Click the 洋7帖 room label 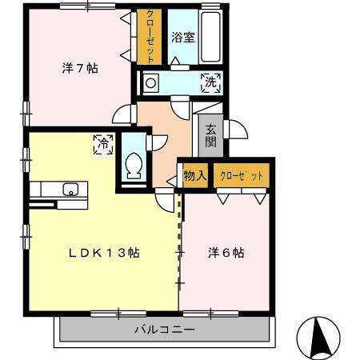(x=80, y=69)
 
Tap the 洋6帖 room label (x=226, y=253)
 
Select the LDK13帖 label (x=104, y=253)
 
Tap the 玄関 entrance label (x=210, y=135)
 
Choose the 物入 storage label (x=194, y=175)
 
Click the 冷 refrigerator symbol (x=103, y=144)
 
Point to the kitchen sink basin (x=71, y=190)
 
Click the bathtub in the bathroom (x=211, y=38)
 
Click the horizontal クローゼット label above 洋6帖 (x=241, y=175)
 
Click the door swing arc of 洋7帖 (x=123, y=114)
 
